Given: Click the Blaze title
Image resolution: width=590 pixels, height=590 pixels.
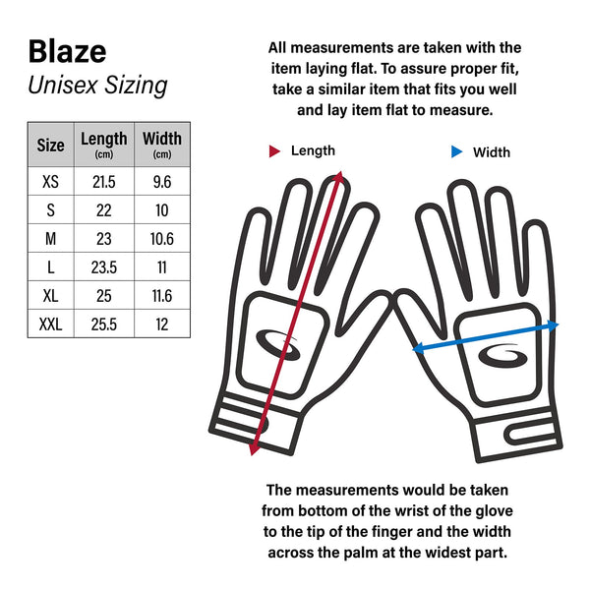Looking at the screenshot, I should tap(67, 50).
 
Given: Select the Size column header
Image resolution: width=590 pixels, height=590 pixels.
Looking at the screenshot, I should tap(50, 145).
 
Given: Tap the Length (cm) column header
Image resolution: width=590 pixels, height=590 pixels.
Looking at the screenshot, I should tap(103, 145).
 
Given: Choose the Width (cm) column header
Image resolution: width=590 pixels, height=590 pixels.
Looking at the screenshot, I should tap(161, 145).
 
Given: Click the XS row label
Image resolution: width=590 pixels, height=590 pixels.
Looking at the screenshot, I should tap(50, 182).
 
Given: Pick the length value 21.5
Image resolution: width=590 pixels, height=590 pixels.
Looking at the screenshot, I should tap(103, 182).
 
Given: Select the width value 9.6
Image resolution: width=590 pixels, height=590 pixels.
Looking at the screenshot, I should tap(161, 182).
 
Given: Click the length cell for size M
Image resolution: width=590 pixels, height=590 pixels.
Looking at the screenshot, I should tap(103, 239).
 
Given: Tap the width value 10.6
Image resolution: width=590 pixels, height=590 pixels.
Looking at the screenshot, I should tap(161, 239).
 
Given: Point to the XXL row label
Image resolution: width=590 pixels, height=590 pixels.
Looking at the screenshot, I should tap(50, 323).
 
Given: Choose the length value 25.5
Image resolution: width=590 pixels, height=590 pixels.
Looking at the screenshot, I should tap(103, 323).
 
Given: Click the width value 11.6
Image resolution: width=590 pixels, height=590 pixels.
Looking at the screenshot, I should tap(161, 295).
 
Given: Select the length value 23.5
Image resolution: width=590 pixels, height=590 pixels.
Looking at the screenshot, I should tap(103, 266).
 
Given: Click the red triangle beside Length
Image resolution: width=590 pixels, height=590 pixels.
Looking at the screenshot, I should tap(275, 151).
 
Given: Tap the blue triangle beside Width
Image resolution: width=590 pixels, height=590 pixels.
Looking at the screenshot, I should tap(456, 152).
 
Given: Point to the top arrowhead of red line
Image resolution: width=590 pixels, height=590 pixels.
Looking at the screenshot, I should tap(339, 177).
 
